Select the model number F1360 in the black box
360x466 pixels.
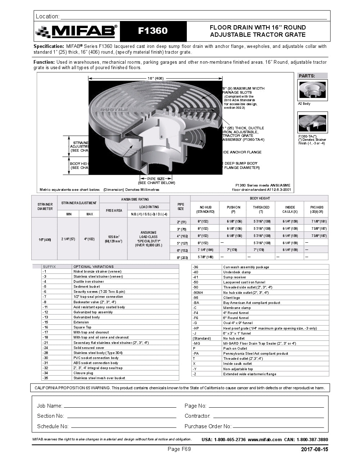pyautogui.click(x=153, y=31)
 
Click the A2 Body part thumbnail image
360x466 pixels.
pyautogui.click(x=312, y=90)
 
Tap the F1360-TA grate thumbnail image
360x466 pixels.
pyautogui.click(x=312, y=122)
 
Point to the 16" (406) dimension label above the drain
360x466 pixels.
pyautogui.click(x=156, y=78)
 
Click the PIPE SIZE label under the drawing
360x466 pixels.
pyautogui.click(x=156, y=179)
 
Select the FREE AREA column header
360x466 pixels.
pyautogui.click(x=114, y=210)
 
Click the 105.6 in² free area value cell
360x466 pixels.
pyautogui.click(x=114, y=239)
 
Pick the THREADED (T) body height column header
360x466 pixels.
pyautogui.click(x=261, y=209)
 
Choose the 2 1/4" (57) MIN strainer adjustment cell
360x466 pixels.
pyautogui.click(x=68, y=239)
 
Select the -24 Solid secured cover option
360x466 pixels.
pyautogui.click(x=89, y=348)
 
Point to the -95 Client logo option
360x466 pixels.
pyautogui.click(x=231, y=297)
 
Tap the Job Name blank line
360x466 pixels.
pyautogui.click(x=120, y=406)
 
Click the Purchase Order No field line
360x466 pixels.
pyautogui.click(x=278, y=426)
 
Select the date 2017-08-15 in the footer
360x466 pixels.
pyautogui.click(x=314, y=449)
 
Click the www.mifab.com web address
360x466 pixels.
pyautogui.click(x=265, y=439)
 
